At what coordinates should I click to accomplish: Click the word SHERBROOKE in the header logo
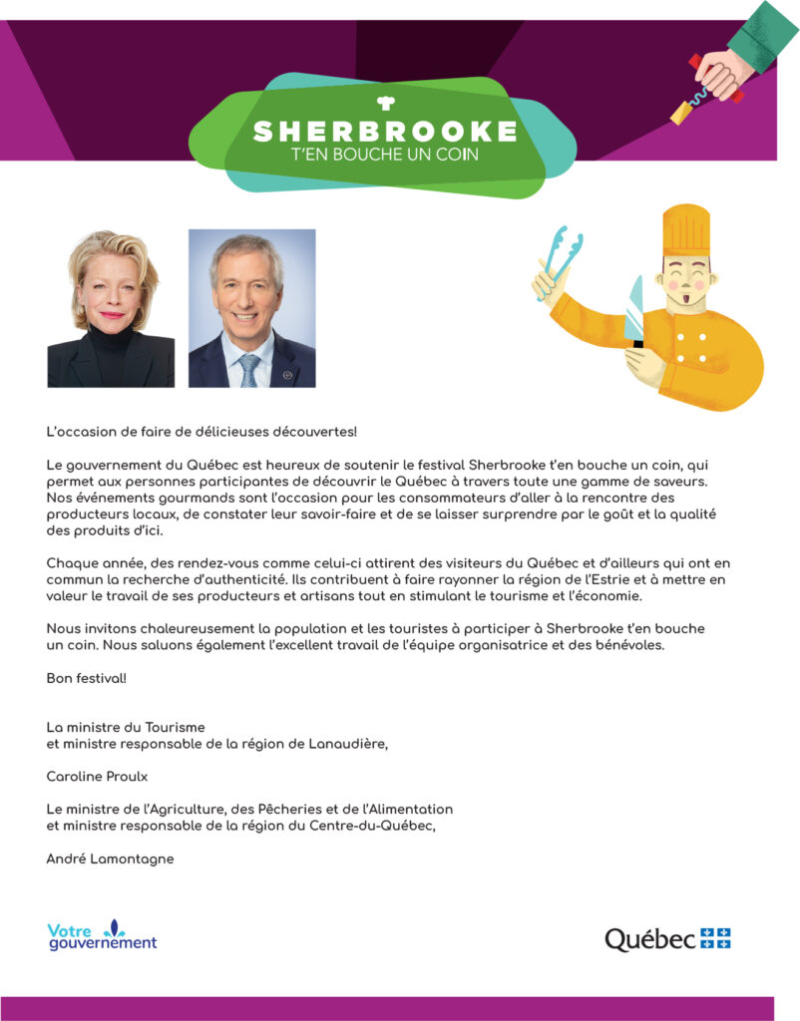[385, 132]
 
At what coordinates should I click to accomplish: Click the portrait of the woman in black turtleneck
[111, 308]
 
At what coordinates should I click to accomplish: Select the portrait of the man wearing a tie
[251, 308]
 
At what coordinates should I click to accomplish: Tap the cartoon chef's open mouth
[686, 296]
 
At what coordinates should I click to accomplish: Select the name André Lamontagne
[110, 858]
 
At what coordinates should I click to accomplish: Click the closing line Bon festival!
[87, 678]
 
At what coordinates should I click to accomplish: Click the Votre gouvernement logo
[102, 935]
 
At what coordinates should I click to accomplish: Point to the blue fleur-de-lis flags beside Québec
[715, 937]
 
